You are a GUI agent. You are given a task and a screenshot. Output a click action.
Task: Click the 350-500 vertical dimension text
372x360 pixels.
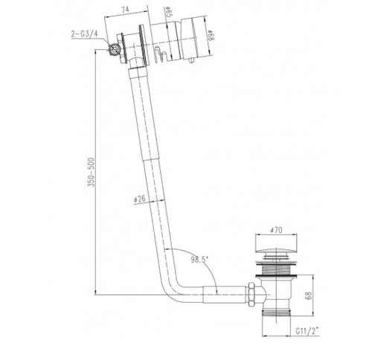coord(90,173)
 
